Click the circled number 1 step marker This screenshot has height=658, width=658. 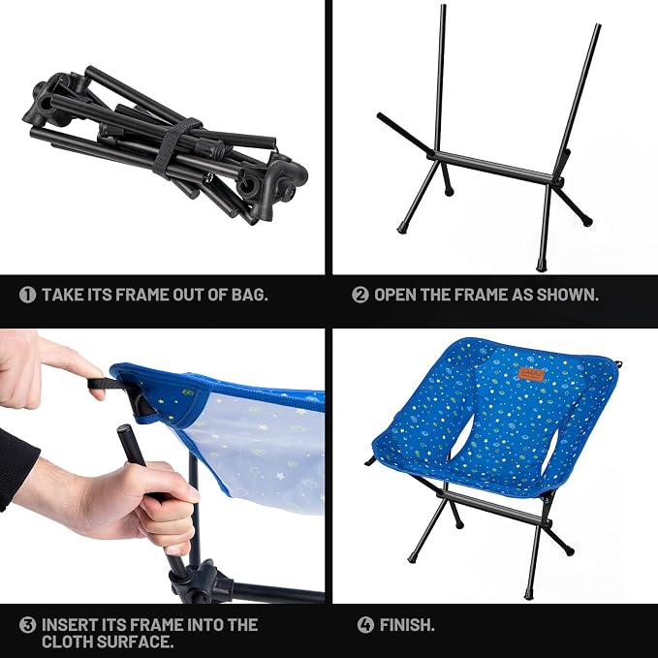tap(28, 295)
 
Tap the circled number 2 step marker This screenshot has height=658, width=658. tap(360, 295)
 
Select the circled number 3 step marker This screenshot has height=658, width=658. tap(28, 625)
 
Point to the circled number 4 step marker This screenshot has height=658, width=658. tap(365, 625)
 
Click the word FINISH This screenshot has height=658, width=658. tap(407, 625)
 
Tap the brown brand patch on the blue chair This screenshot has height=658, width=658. tap(531, 373)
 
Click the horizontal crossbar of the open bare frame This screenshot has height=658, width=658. tap(494, 167)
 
